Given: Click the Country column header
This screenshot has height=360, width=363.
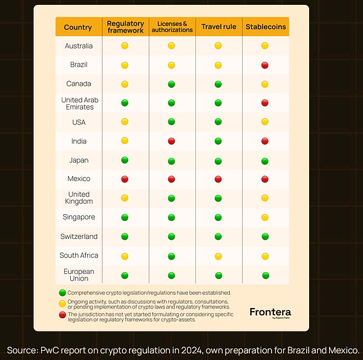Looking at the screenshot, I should point(78,27).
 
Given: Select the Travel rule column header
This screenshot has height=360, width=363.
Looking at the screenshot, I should point(218,27).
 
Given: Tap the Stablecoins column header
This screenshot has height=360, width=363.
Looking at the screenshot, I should point(265,27).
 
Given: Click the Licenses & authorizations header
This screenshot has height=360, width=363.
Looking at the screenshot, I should point(172,27).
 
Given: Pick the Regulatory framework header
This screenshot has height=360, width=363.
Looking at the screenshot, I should point(125,27).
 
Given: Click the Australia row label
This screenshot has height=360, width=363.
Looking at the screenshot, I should point(78,46).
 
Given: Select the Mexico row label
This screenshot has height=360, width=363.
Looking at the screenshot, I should point(79,179).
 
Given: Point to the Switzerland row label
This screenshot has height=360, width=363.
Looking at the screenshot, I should point(79,237).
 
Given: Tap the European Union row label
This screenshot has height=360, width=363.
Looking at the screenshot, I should point(79,275).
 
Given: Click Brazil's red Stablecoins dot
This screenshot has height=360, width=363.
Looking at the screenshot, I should point(265,65).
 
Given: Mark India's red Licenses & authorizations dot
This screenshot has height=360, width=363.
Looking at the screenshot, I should point(171,141).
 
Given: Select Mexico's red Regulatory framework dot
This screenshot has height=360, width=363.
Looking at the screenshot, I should point(125,179).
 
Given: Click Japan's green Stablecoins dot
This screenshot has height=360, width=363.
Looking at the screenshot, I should point(265,160).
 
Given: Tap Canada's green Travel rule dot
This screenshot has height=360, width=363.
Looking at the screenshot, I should point(218,84).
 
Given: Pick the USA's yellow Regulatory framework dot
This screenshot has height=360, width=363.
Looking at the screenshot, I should point(125,122).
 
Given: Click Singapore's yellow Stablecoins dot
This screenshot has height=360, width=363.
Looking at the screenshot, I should point(265,217).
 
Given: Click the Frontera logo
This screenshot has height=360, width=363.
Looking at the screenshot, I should point(270,313).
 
